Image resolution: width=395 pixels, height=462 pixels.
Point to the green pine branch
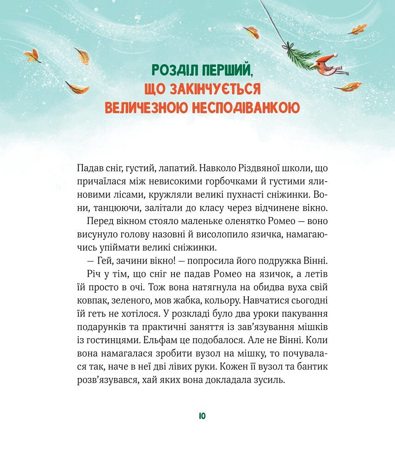point(301,57)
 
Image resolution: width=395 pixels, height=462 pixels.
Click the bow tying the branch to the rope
point(289,46)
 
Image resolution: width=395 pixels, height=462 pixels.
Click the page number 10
point(202,416)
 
